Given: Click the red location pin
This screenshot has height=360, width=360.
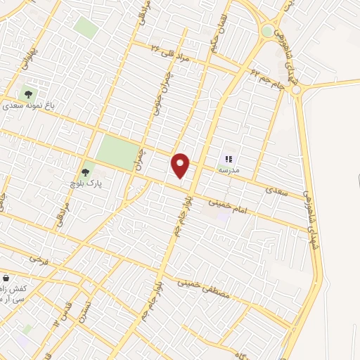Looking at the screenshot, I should coord(181,165).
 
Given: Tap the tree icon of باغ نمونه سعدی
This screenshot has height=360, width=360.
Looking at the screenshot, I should coord(28,93).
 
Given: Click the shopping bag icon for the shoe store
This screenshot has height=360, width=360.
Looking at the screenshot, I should coord(6,278).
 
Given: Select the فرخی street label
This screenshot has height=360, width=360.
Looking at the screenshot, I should coord(37,260).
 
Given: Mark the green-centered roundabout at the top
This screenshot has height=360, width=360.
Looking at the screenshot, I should coord(267,31).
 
